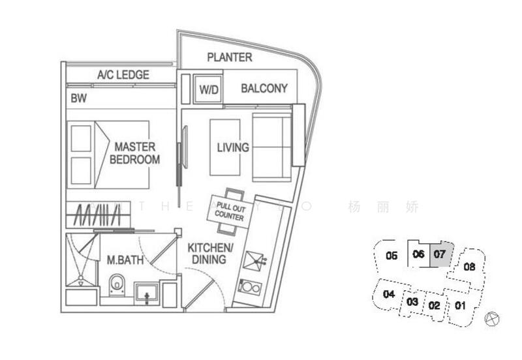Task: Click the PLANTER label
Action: click(x=230, y=57)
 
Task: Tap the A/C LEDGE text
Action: click(x=123, y=75)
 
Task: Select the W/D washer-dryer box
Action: click(x=208, y=89)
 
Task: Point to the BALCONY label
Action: click(x=264, y=89)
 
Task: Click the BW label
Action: click(x=78, y=99)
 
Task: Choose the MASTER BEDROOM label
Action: click(x=135, y=152)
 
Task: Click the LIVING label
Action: click(x=233, y=147)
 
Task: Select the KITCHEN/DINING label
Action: click(x=210, y=254)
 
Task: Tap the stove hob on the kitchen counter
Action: click(x=249, y=287)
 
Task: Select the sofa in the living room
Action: click(x=273, y=147)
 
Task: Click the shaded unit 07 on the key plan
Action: click(x=440, y=254)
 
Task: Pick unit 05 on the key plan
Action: click(x=391, y=256)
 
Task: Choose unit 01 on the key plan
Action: click(x=461, y=305)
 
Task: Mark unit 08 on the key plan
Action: click(x=469, y=266)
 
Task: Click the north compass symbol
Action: click(x=493, y=319)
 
